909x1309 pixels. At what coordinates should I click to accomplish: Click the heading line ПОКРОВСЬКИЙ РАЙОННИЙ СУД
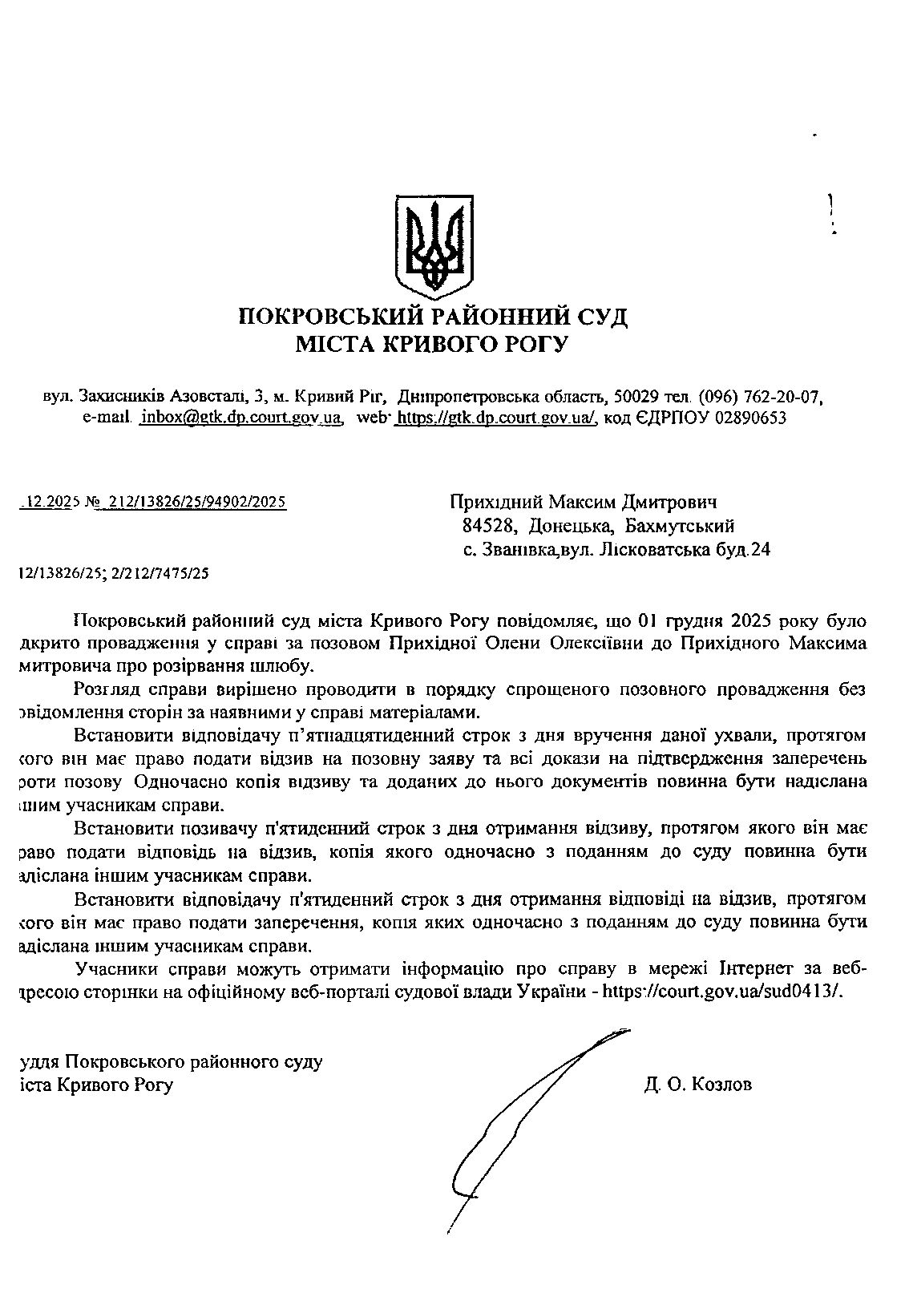(x=433, y=317)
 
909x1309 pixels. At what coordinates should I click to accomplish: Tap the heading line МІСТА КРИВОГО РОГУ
(x=432, y=345)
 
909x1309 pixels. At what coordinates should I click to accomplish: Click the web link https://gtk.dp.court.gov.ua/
(x=497, y=418)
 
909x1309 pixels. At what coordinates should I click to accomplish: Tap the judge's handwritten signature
(x=529, y=1122)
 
